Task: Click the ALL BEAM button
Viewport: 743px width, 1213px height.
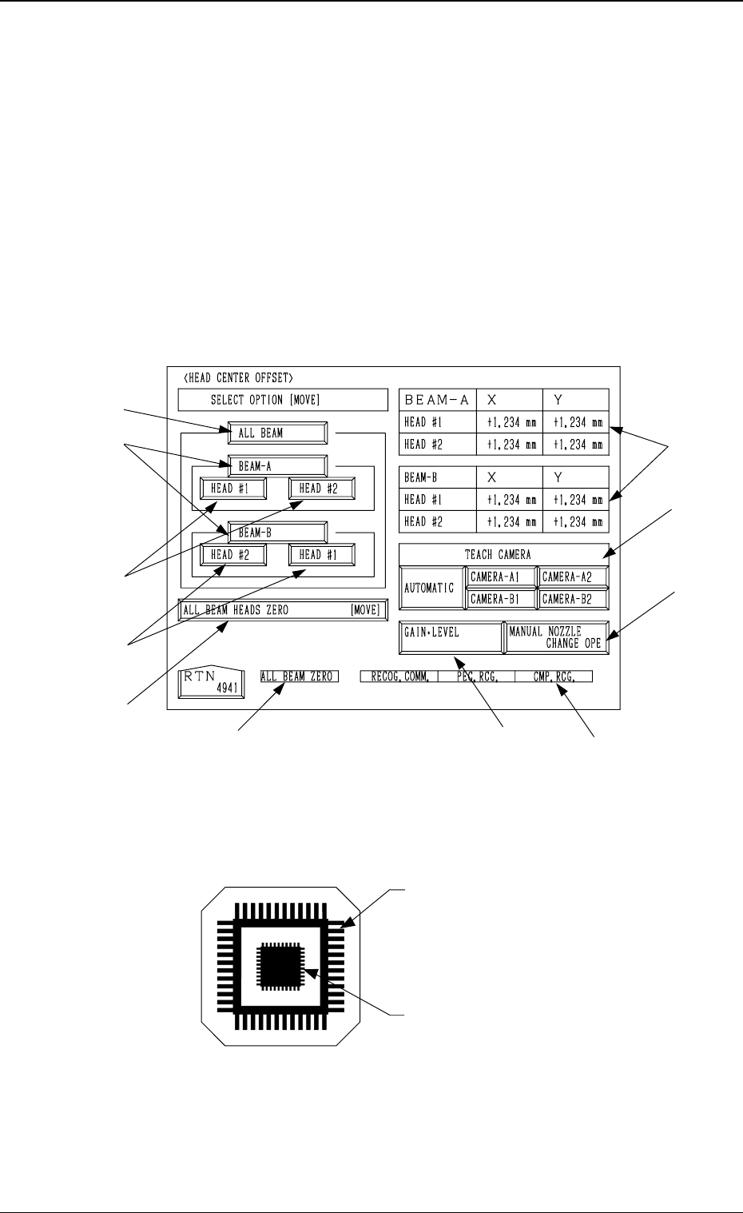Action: coord(276,433)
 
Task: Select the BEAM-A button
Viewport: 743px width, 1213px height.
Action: coord(276,465)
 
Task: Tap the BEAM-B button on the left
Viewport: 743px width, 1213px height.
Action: coord(276,532)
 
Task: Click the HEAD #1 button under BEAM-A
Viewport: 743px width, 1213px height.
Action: coord(232,488)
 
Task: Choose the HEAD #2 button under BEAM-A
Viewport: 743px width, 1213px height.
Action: coord(320,488)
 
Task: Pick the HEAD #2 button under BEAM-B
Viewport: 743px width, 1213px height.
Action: coord(232,554)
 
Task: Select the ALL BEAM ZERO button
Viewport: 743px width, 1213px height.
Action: coord(300,676)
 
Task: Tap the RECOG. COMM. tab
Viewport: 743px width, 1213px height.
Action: coord(399,676)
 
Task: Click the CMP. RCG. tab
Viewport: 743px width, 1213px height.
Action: coord(554,676)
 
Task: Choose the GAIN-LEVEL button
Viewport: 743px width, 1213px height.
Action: coord(451,637)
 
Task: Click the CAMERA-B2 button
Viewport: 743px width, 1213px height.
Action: coord(572,598)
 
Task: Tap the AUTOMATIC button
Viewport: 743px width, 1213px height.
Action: coord(431,588)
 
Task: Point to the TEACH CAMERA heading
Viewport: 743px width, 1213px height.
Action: coord(503,554)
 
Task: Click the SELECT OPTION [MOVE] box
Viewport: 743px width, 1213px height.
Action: coord(265,400)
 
